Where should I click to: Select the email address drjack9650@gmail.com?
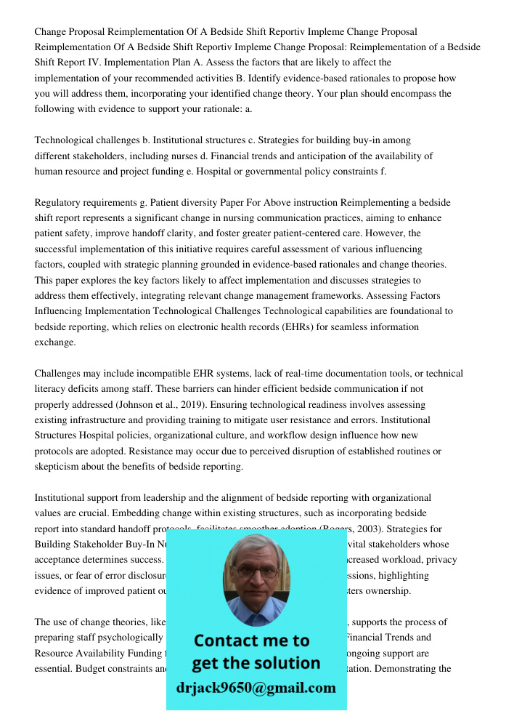256,687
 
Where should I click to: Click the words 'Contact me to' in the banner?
251,640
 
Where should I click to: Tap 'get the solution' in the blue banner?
256,663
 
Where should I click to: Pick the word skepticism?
60,467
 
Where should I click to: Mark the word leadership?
173,498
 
